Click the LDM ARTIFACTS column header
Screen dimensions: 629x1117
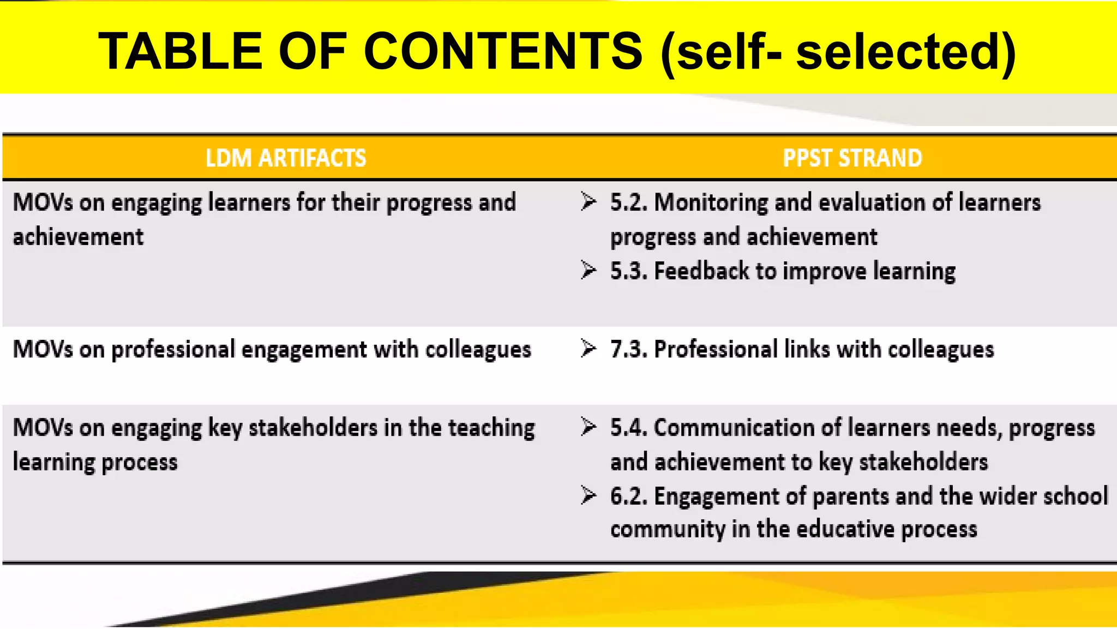pyautogui.click(x=286, y=158)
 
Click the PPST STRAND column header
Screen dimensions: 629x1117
pyautogui.click(x=852, y=158)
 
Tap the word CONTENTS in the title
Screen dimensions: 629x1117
pyautogui.click(x=503, y=51)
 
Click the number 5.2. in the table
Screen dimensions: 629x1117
pyautogui.click(x=629, y=202)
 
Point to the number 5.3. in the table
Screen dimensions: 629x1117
pyautogui.click(x=629, y=271)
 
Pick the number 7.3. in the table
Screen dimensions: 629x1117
pyautogui.click(x=629, y=349)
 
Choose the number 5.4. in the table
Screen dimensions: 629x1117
pyautogui.click(x=629, y=428)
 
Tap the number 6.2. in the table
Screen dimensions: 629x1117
pyautogui.click(x=629, y=496)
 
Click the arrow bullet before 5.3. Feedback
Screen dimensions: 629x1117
pyautogui.click(x=588, y=270)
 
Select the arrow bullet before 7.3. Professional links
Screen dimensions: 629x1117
pyautogui.click(x=588, y=348)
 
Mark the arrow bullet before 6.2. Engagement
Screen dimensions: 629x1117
pyautogui.click(x=588, y=495)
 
